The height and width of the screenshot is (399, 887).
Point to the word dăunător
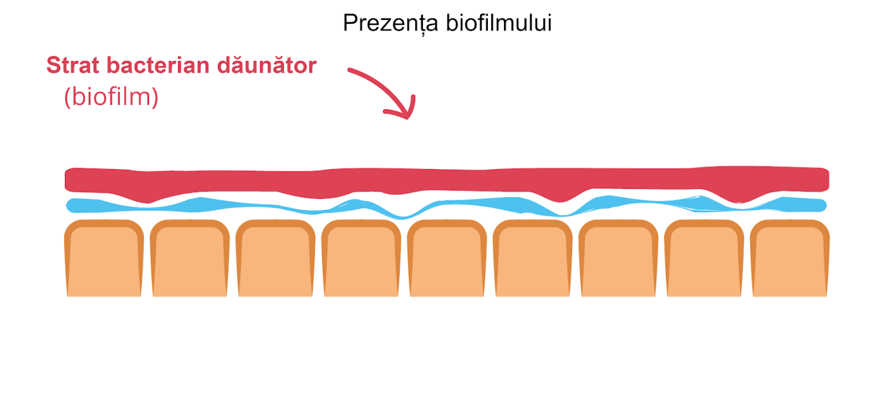click(x=277, y=66)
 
